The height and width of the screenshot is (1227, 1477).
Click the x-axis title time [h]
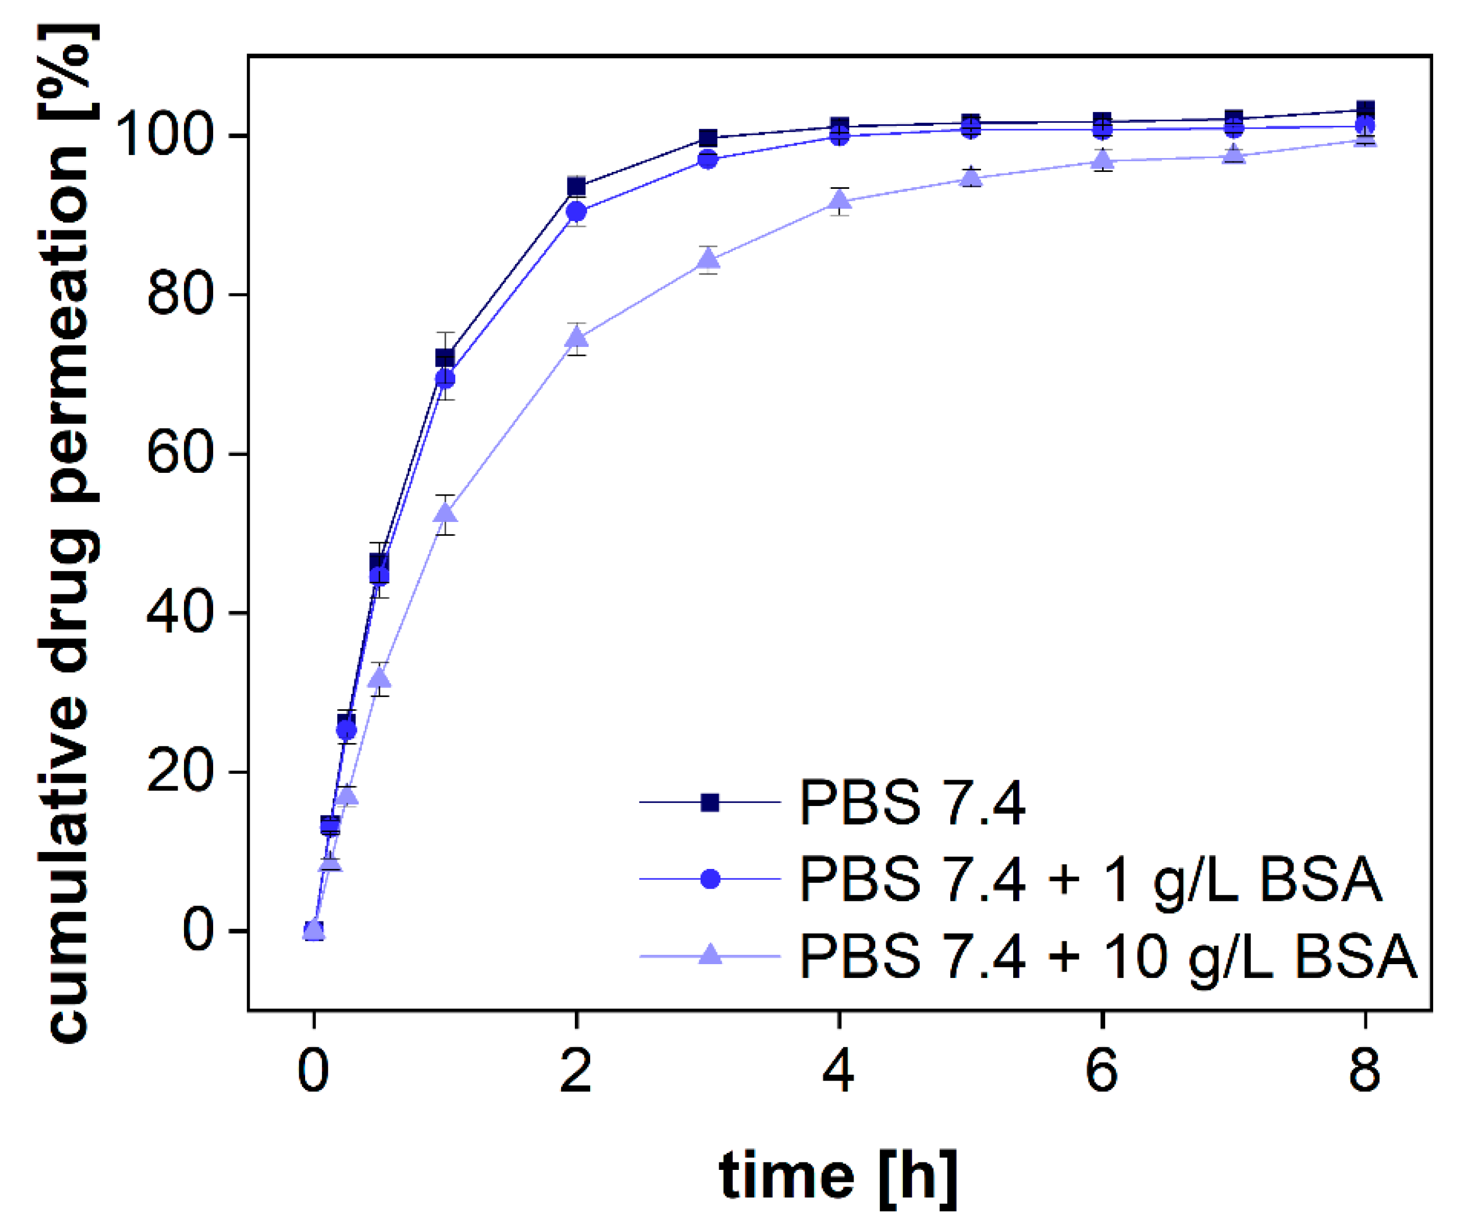click(838, 1176)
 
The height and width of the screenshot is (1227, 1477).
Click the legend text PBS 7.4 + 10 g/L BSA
click(1108, 956)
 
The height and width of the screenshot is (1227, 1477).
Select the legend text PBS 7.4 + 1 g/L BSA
click(1090, 880)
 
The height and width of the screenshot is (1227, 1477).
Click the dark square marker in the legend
click(710, 802)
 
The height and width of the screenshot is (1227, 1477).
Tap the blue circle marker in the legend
click(710, 880)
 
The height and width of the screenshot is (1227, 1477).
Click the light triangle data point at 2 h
click(576, 338)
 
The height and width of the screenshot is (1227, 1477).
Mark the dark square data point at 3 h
click(708, 138)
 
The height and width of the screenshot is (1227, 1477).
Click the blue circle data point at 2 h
click(576, 211)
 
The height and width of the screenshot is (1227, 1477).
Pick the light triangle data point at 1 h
click(445, 514)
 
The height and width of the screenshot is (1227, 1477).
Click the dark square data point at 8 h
click(1365, 110)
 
